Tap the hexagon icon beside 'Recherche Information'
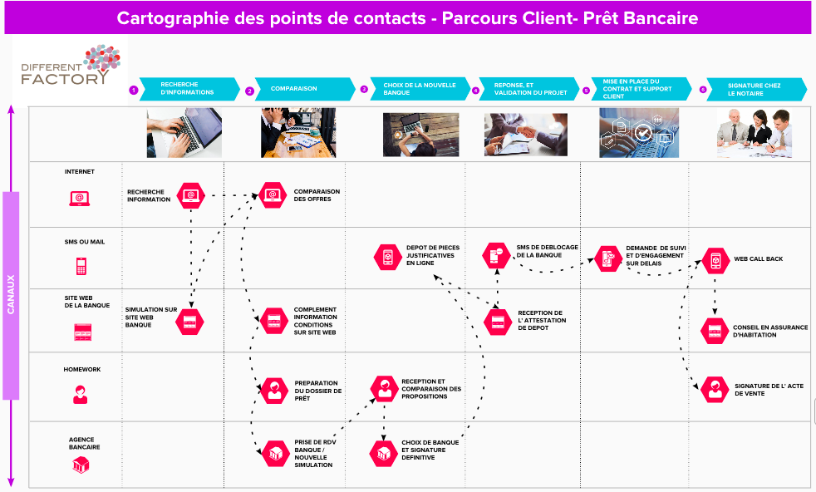click(191, 195)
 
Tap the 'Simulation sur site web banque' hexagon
click(189, 320)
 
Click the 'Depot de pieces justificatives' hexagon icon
click(386, 257)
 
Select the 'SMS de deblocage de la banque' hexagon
click(497, 255)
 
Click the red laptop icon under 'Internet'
click(80, 198)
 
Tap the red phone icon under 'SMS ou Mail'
click(81, 266)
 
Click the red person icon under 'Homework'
click(81, 395)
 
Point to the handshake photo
click(520, 133)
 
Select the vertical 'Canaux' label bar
click(12, 295)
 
